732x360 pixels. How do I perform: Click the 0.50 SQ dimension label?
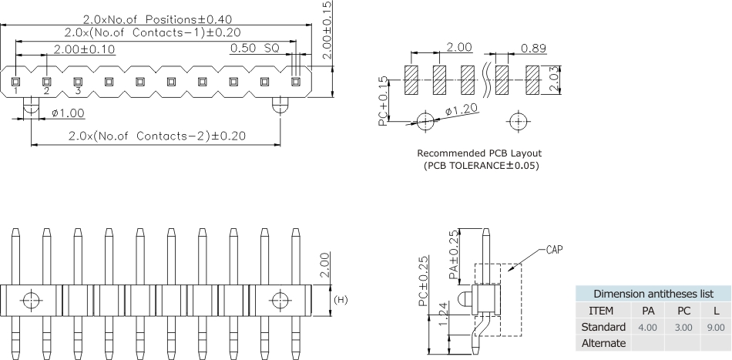click(254, 49)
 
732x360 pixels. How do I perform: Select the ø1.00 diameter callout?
click(68, 113)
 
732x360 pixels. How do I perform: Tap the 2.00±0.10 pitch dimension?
click(84, 49)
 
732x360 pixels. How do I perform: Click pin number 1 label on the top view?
click(15, 92)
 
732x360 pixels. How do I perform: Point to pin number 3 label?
click(78, 92)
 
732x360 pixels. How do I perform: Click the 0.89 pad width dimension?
click(533, 48)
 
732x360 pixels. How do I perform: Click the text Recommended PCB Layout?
click(479, 153)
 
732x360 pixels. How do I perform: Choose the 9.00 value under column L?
click(716, 327)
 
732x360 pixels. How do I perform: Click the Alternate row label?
click(603, 343)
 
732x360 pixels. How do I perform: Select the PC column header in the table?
click(683, 311)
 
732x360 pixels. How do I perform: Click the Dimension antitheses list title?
click(652, 294)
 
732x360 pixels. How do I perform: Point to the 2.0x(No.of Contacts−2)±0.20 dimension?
click(157, 136)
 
